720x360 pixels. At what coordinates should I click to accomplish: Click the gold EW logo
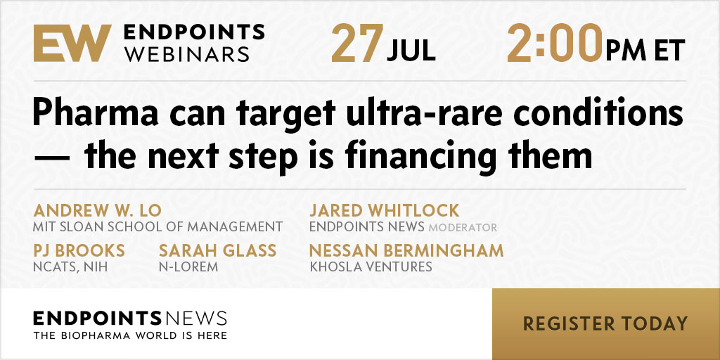[72, 43]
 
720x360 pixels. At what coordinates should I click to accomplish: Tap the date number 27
[357, 43]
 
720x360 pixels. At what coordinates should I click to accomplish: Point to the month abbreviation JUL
[411, 51]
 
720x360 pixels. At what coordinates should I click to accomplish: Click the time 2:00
[554, 43]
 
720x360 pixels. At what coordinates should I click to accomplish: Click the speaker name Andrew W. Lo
[97, 211]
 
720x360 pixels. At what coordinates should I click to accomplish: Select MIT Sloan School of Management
[158, 227]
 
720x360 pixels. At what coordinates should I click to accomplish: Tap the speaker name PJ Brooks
[79, 251]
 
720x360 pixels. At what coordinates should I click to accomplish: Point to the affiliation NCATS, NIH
[70, 266]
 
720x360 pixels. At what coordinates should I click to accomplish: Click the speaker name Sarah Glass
[218, 251]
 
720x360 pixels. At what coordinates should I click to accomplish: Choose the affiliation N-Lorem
[188, 266]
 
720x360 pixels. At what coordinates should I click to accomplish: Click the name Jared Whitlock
[385, 211]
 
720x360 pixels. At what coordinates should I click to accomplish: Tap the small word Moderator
[463, 228]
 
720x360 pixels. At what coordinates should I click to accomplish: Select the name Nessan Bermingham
[406, 251]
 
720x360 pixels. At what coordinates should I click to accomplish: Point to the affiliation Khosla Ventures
[371, 266]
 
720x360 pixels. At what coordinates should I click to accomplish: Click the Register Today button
[605, 323]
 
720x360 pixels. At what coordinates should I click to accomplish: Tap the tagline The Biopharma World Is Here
[130, 335]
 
